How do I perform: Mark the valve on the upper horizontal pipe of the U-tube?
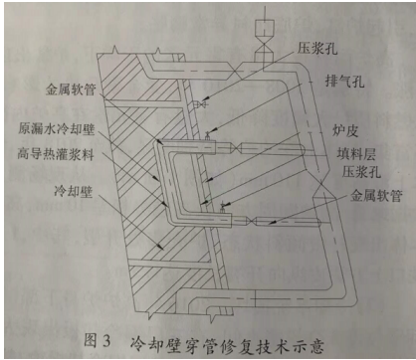click(x=243, y=148)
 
